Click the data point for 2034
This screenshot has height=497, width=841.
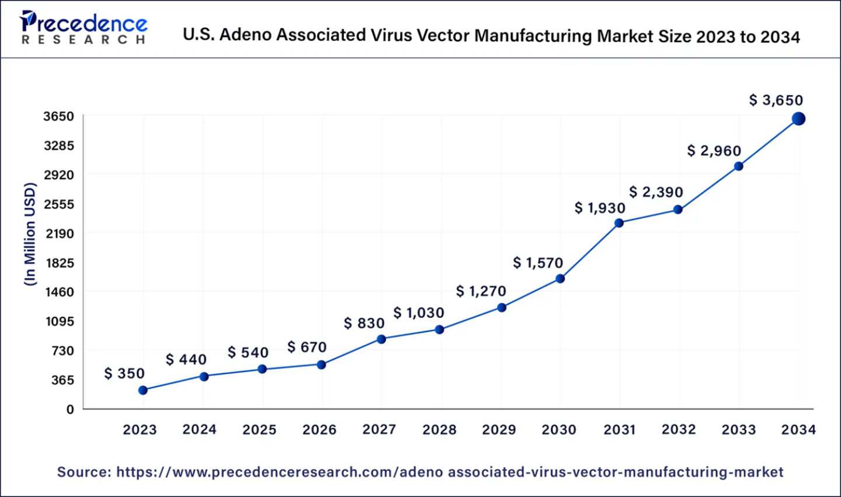(x=798, y=119)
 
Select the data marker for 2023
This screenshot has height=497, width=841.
(x=143, y=390)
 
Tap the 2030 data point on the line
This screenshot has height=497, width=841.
(x=560, y=279)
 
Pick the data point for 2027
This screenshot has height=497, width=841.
(x=381, y=339)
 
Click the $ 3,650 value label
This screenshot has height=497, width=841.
(x=776, y=100)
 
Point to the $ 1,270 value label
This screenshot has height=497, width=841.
(x=481, y=291)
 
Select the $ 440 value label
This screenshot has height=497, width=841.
(x=186, y=359)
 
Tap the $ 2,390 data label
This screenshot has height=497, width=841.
(x=656, y=192)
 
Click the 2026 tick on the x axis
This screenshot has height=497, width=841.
(x=319, y=430)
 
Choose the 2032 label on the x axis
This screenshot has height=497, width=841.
(x=679, y=430)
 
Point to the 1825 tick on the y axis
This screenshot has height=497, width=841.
(x=59, y=263)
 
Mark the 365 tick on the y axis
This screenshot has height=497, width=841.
(x=63, y=380)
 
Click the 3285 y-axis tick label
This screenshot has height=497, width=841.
(x=59, y=145)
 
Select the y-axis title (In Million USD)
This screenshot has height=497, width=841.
(x=30, y=234)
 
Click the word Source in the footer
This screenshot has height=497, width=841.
(x=84, y=472)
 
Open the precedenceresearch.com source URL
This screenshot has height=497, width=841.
(x=449, y=472)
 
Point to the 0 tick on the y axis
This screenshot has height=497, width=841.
(x=70, y=409)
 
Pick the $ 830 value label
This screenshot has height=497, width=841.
(x=364, y=323)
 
